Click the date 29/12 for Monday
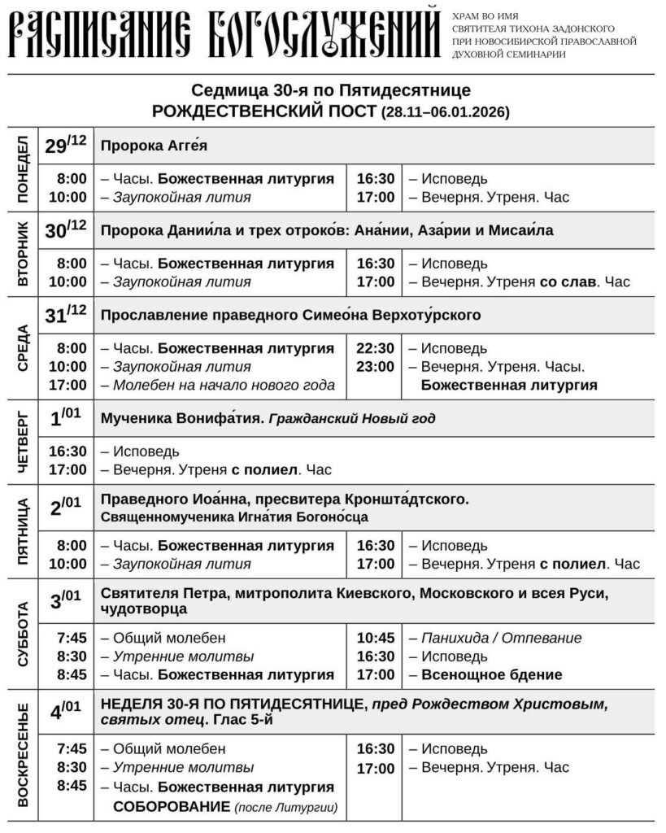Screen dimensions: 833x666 coord(65,146)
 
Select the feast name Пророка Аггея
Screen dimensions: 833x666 coord(155,146)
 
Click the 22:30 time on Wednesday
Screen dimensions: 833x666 coord(375,348)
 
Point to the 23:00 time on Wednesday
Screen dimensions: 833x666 coord(375,367)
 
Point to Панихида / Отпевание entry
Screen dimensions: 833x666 coord(501,638)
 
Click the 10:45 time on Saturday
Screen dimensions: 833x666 coord(375,638)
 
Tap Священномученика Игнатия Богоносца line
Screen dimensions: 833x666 coord(235,517)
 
